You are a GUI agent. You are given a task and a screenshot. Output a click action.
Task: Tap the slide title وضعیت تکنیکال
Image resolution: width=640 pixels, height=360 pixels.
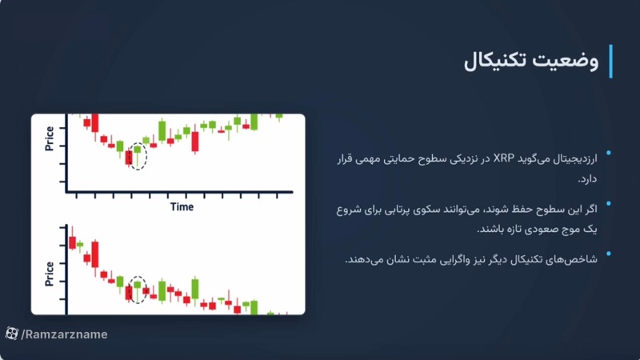point(531,61)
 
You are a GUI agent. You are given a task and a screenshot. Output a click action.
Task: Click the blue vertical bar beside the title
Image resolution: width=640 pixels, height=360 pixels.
point(610,62)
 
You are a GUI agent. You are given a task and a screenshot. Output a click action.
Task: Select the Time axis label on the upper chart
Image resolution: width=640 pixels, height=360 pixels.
point(182,206)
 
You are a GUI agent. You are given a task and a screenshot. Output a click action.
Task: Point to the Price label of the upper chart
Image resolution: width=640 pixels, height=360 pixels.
point(50,137)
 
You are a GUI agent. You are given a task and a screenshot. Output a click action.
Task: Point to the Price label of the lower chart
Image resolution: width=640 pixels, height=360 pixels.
point(50,272)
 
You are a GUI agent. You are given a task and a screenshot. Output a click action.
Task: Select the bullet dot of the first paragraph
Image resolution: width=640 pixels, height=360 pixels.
point(609,153)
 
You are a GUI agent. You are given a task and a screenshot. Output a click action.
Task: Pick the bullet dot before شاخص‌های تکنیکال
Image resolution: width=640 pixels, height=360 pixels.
point(609,254)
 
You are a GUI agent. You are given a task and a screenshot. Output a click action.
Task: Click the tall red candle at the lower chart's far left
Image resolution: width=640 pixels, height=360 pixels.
point(94,254)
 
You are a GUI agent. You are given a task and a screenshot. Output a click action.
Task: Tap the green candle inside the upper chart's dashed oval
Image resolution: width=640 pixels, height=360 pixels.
point(137,150)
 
